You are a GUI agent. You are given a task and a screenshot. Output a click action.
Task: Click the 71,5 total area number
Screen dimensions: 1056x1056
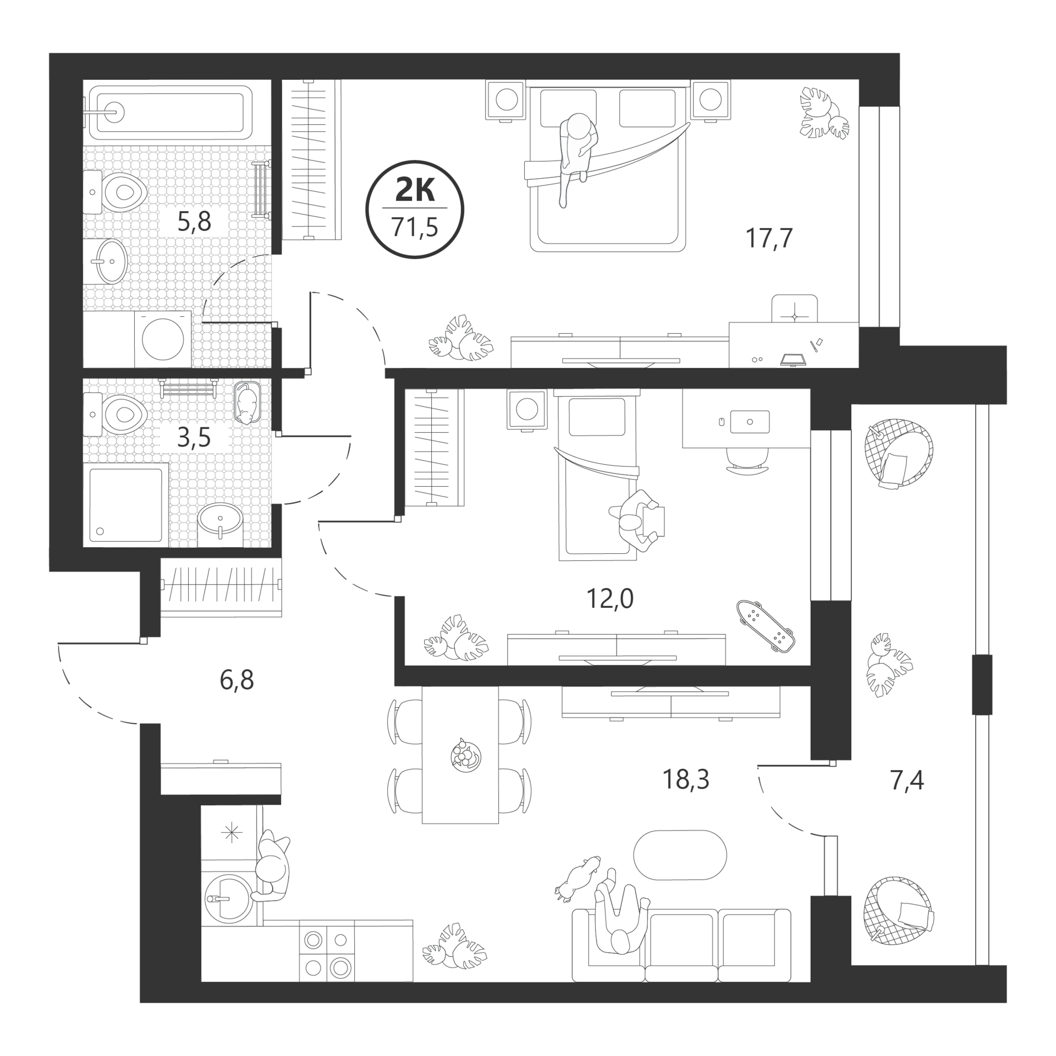[414, 227]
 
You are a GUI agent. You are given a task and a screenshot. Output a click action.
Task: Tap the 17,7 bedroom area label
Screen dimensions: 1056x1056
[769, 239]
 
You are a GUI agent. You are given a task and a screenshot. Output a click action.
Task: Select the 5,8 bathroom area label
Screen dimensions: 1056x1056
[194, 221]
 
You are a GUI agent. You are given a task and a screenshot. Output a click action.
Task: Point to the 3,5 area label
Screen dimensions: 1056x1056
[194, 438]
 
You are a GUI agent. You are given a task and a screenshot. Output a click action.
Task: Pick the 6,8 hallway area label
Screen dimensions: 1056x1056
[237, 680]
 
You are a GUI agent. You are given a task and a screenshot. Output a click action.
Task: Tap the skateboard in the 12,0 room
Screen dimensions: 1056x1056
[765, 625]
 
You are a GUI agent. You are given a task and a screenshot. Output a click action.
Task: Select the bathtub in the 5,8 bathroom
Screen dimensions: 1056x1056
[170, 112]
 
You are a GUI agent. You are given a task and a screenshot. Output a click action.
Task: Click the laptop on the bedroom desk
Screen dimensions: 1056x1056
[793, 359]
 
